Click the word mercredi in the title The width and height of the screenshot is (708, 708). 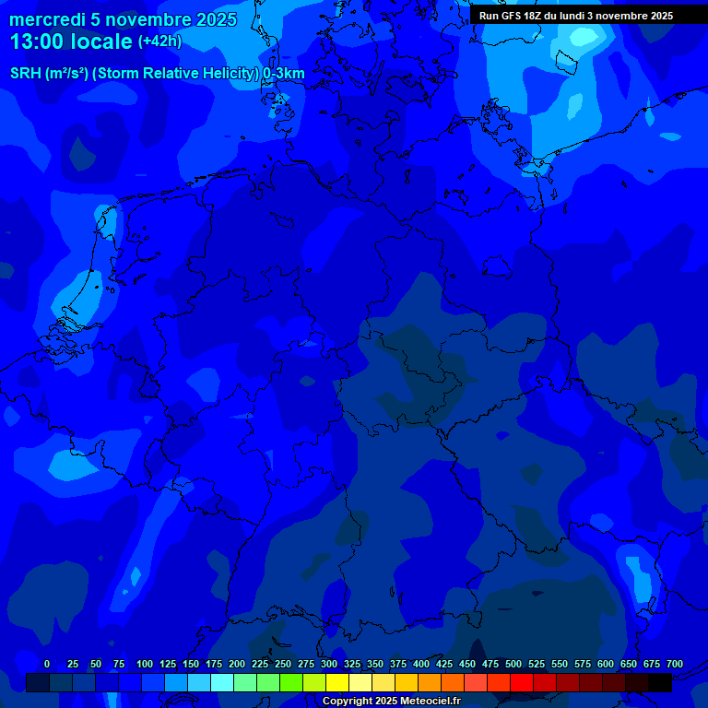[x=47, y=19]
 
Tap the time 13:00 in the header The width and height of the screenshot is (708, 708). [x=39, y=41]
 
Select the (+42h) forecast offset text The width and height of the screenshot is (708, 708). [x=159, y=41]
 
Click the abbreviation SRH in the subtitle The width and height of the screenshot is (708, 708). [x=26, y=74]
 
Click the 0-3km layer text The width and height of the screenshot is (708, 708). [x=284, y=74]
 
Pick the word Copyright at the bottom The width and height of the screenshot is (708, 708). [x=348, y=701]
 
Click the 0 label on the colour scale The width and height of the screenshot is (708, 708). [x=47, y=664]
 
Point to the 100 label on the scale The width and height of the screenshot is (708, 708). [x=145, y=664]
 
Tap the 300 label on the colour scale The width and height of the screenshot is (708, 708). [x=329, y=664]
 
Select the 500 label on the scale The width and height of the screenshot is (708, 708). [x=513, y=664]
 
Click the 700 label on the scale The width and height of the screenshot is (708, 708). [x=675, y=664]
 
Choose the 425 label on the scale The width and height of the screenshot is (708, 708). [x=444, y=664]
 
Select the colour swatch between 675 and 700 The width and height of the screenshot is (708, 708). [x=660, y=682]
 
